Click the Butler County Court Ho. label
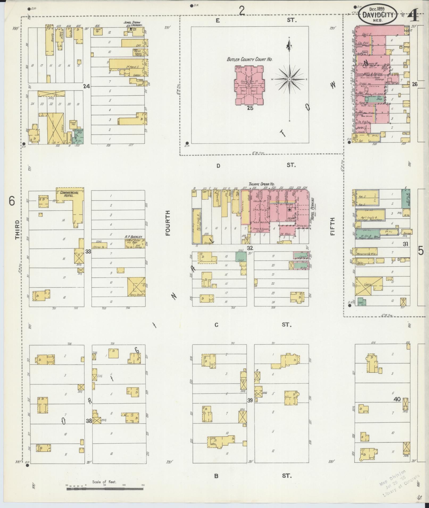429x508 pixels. pyautogui.click(x=249, y=59)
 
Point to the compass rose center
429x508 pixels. pyautogui.click(x=289, y=79)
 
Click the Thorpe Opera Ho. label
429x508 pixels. pyautogui.click(x=262, y=184)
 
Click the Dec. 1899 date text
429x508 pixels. pyautogui.click(x=378, y=8)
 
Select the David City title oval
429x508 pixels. pyautogui.click(x=378, y=15)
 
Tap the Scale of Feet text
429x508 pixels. pyautogui.click(x=104, y=482)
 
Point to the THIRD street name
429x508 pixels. pyautogui.click(x=18, y=230)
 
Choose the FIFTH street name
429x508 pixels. pyautogui.click(x=333, y=226)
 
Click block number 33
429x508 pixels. pyautogui.click(x=88, y=251)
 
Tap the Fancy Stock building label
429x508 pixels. pyautogui.click(x=136, y=295)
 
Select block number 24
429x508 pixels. pyautogui.click(x=86, y=86)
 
